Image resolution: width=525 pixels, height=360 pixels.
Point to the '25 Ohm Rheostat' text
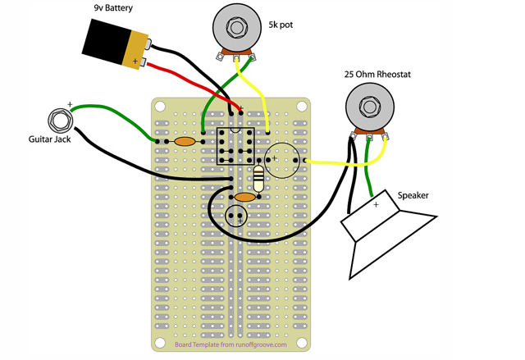point(377,75)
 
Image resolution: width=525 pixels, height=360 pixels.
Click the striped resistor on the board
point(259,177)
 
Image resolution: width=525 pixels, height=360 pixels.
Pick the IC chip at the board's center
point(235,146)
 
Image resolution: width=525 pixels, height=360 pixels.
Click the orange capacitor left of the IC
point(186,141)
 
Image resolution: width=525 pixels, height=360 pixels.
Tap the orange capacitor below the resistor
point(245,197)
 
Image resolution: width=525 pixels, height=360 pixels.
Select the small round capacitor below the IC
point(237,216)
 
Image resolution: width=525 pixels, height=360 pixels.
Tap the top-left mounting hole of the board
point(160,107)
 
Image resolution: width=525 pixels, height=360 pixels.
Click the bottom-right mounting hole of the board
point(302,342)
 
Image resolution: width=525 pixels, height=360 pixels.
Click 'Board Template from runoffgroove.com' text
point(231,345)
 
